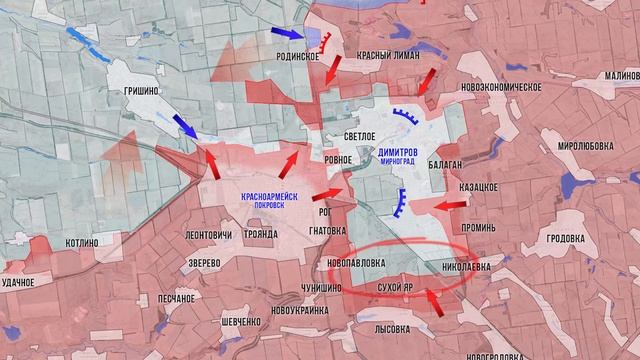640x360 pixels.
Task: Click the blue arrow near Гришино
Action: (x=186, y=126)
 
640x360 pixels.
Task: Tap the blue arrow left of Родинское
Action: (x=289, y=36)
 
